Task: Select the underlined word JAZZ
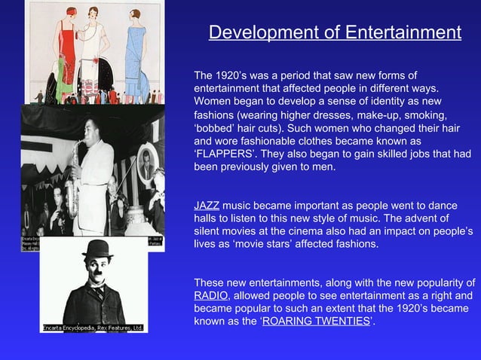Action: [x=207, y=205]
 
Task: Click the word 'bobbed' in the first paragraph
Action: [x=215, y=127]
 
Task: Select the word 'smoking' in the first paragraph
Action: [x=423, y=114]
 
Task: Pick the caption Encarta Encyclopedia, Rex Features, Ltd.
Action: [x=93, y=328]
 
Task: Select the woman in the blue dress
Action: [x=138, y=53]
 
